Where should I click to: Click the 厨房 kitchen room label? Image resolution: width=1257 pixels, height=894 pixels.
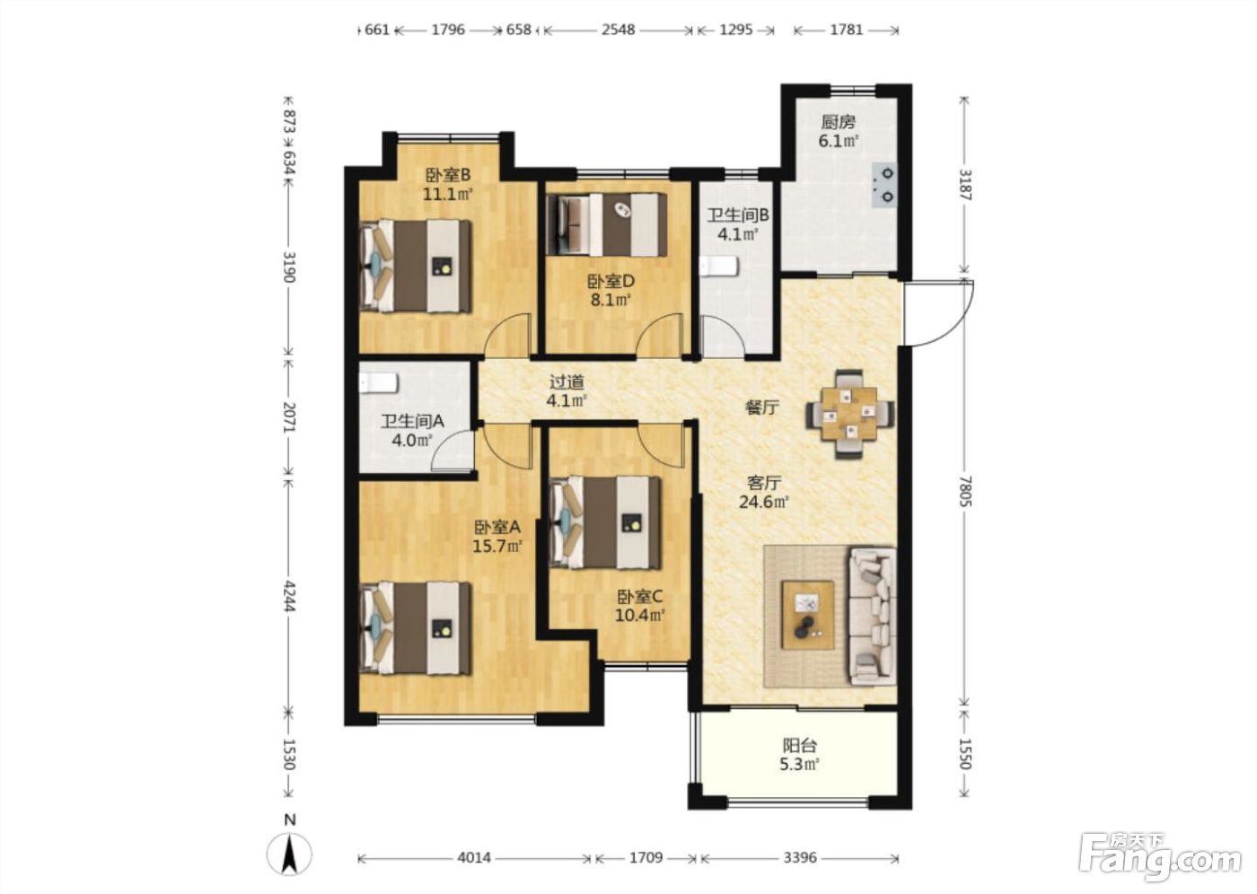(839, 122)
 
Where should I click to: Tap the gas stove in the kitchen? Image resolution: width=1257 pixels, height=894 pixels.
(883, 185)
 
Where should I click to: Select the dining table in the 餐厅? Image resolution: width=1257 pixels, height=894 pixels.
(849, 414)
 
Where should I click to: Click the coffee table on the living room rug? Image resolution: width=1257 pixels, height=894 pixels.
(808, 615)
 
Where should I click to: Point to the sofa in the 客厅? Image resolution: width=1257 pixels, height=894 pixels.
(873, 617)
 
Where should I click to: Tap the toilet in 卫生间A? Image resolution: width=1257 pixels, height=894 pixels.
(379, 383)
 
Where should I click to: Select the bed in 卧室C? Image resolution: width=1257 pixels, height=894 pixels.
(605, 522)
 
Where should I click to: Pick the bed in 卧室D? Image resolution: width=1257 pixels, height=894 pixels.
(607, 224)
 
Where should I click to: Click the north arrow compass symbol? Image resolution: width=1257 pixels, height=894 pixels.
(289, 855)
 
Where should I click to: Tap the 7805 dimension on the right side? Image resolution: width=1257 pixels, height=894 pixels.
(964, 491)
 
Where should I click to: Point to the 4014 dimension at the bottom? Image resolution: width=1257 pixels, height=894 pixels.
(474, 857)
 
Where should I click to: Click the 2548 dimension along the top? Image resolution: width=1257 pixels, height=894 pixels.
(619, 30)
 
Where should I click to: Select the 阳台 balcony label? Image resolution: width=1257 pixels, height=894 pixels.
(800, 745)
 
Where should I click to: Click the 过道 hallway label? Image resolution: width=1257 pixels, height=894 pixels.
(567, 382)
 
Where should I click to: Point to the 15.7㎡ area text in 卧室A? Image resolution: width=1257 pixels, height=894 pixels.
(497, 546)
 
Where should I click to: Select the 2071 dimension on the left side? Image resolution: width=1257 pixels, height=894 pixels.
(289, 416)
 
